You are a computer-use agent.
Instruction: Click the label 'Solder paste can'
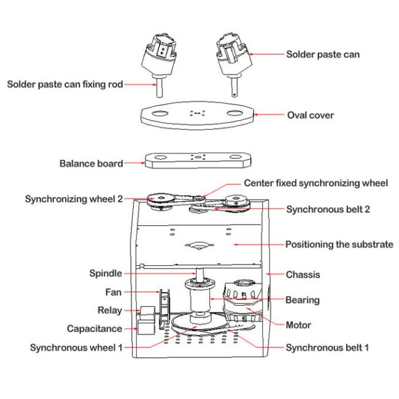tap(323, 54)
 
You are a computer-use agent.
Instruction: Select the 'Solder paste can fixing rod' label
tap(64, 84)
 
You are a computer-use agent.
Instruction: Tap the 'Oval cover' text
tap(310, 115)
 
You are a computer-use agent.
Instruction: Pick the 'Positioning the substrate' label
tap(339, 244)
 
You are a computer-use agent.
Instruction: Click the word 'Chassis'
tap(303, 274)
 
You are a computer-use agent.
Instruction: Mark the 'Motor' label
tap(299, 325)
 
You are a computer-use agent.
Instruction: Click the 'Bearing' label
tap(303, 300)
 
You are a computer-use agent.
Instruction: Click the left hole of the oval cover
tap(157, 115)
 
